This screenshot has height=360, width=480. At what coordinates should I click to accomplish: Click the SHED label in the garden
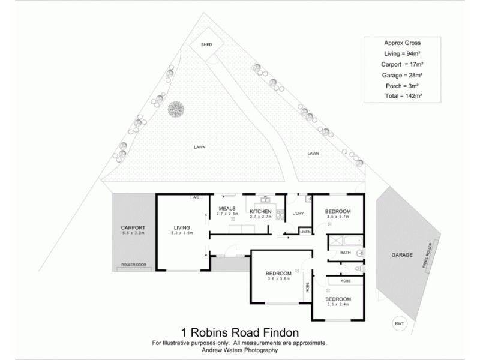(206, 44)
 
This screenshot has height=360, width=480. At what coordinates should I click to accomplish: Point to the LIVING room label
(182, 228)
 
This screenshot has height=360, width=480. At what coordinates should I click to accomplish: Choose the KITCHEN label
(261, 212)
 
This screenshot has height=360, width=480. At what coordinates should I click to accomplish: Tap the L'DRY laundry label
(298, 214)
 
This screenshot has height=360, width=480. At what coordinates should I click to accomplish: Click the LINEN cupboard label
(305, 231)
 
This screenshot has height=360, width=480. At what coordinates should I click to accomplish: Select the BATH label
(346, 253)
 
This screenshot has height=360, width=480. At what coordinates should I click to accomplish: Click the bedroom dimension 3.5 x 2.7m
(337, 217)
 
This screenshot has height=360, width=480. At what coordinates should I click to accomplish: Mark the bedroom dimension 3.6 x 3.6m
(278, 278)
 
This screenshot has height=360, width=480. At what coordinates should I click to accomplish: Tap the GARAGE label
(403, 255)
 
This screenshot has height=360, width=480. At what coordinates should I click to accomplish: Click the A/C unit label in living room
(195, 197)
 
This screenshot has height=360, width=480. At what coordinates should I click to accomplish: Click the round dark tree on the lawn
(176, 109)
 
